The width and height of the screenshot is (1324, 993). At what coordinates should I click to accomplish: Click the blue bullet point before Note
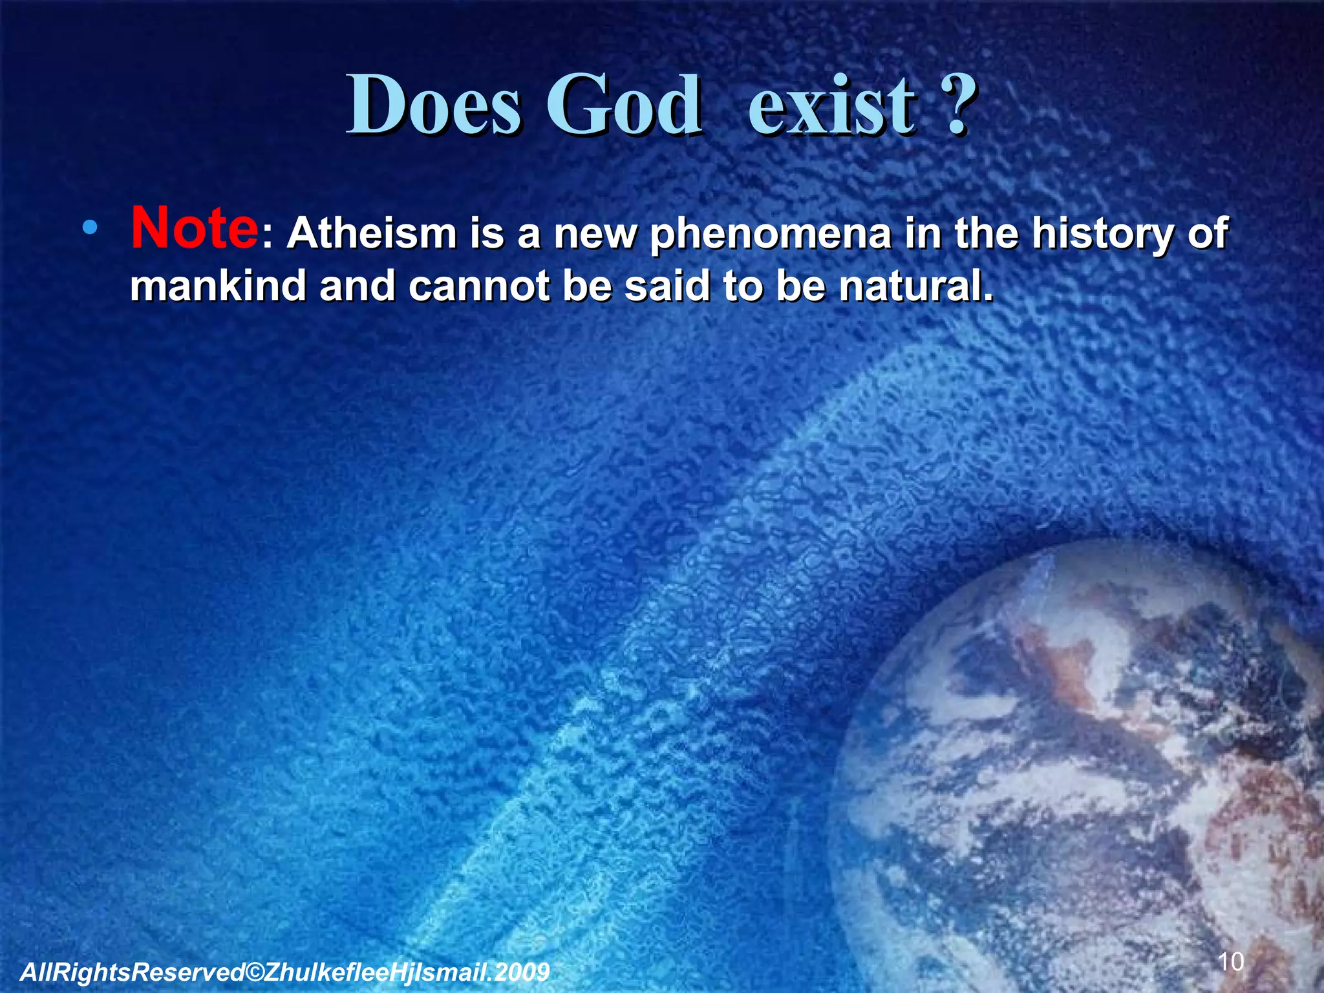pyautogui.click(x=90, y=228)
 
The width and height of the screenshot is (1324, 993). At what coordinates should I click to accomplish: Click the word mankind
pyautogui.click(x=218, y=286)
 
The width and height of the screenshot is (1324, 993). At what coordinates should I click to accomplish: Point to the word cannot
pyautogui.click(x=478, y=286)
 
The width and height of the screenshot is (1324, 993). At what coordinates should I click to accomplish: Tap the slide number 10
pyautogui.click(x=1230, y=962)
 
